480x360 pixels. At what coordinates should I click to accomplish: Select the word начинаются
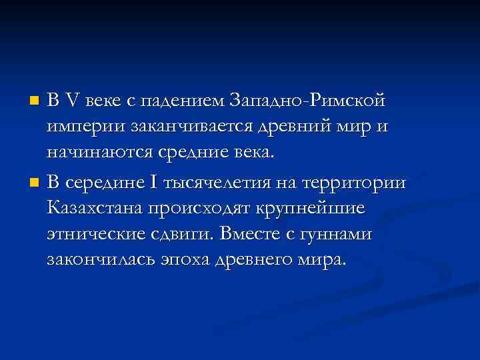100,153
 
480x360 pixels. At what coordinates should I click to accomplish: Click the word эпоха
189,259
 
